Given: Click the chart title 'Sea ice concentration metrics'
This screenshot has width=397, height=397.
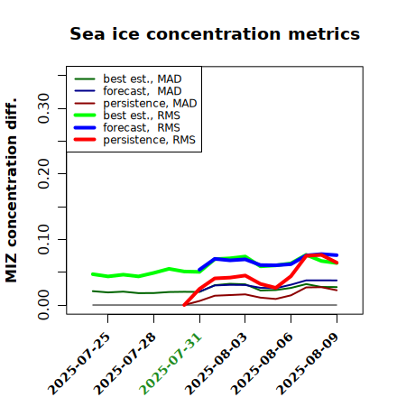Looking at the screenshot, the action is pyautogui.click(x=215, y=33).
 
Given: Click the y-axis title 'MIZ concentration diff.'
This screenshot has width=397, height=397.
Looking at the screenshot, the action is pyautogui.click(x=11, y=190).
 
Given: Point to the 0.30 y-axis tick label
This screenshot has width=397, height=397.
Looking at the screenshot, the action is pyautogui.click(x=43, y=108).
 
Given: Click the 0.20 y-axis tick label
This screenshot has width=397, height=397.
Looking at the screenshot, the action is pyautogui.click(x=43, y=174).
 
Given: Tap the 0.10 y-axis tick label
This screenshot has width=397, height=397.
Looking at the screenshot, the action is pyautogui.click(x=43, y=239).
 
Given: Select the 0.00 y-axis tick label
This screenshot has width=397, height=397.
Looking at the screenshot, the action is pyautogui.click(x=43, y=305).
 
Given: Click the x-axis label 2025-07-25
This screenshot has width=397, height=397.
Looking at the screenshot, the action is pyautogui.click(x=79, y=364).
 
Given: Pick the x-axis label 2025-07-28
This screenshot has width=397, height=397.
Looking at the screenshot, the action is pyautogui.click(x=125, y=364).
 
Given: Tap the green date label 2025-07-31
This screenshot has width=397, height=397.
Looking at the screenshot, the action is pyautogui.click(x=171, y=364).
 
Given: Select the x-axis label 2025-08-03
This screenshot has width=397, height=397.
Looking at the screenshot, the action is pyautogui.click(x=217, y=364).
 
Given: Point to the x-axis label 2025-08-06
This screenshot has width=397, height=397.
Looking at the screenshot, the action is pyautogui.click(x=262, y=364).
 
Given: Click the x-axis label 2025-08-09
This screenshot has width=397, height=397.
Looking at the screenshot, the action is pyautogui.click(x=308, y=364).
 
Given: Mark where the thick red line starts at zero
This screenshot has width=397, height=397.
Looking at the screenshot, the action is pyautogui.click(x=184, y=305).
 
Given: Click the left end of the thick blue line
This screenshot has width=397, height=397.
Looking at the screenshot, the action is pyautogui.click(x=199, y=270).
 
